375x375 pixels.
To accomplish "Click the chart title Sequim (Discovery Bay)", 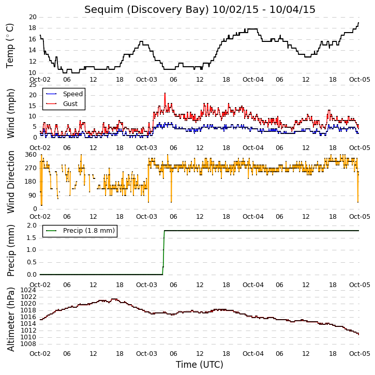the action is click(146, 9).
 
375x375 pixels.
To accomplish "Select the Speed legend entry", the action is click(64, 94).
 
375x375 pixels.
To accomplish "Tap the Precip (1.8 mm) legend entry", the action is click(80, 231).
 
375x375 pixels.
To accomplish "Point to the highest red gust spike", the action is click(165, 93).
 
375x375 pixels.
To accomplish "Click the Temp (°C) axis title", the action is click(9, 46).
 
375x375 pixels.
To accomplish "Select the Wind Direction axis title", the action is click(10, 182).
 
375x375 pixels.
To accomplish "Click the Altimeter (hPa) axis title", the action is click(10, 319).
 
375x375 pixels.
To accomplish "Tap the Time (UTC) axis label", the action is click(200, 365).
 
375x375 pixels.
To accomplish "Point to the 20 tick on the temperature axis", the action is click(33, 17).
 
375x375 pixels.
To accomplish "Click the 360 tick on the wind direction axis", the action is click(31, 155).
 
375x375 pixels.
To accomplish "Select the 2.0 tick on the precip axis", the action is click(32, 226).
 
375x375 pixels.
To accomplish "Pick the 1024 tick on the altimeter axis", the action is click(28, 290).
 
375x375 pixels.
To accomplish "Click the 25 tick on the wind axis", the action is click(33, 85).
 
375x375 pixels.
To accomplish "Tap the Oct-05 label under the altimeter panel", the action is click(359, 353).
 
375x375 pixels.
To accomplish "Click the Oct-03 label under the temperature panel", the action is click(146, 80).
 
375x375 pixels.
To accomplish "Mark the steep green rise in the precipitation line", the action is click(163, 252).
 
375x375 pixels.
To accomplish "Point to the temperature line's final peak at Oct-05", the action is click(358, 23).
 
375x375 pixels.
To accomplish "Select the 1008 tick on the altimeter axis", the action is click(28, 344).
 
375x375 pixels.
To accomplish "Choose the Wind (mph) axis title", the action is click(10, 113).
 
